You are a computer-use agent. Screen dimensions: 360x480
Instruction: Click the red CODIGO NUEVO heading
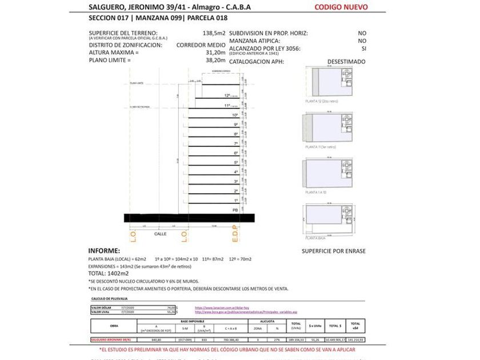coord(341,7)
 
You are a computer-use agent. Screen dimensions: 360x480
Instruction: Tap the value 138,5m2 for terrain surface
coord(214,33)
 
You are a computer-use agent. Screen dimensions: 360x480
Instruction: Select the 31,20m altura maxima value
coord(215,52)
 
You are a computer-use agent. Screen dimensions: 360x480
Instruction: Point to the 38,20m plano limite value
coord(215,59)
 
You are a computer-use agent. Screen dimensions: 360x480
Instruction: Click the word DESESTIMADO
coord(346,61)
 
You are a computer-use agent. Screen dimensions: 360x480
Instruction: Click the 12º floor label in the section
coord(227,96)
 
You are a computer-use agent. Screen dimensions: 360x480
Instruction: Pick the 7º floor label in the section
coord(235,143)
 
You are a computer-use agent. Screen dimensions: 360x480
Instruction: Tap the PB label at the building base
coord(235,210)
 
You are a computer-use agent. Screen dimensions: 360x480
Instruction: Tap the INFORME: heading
coord(104,251)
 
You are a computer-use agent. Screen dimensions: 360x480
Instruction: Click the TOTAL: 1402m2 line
coord(109,273)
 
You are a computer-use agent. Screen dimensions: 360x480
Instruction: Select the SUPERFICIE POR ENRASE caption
coord(334,251)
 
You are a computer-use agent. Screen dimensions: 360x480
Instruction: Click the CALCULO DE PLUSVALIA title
coord(110,298)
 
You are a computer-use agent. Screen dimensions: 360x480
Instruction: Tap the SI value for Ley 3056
coord(363,49)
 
